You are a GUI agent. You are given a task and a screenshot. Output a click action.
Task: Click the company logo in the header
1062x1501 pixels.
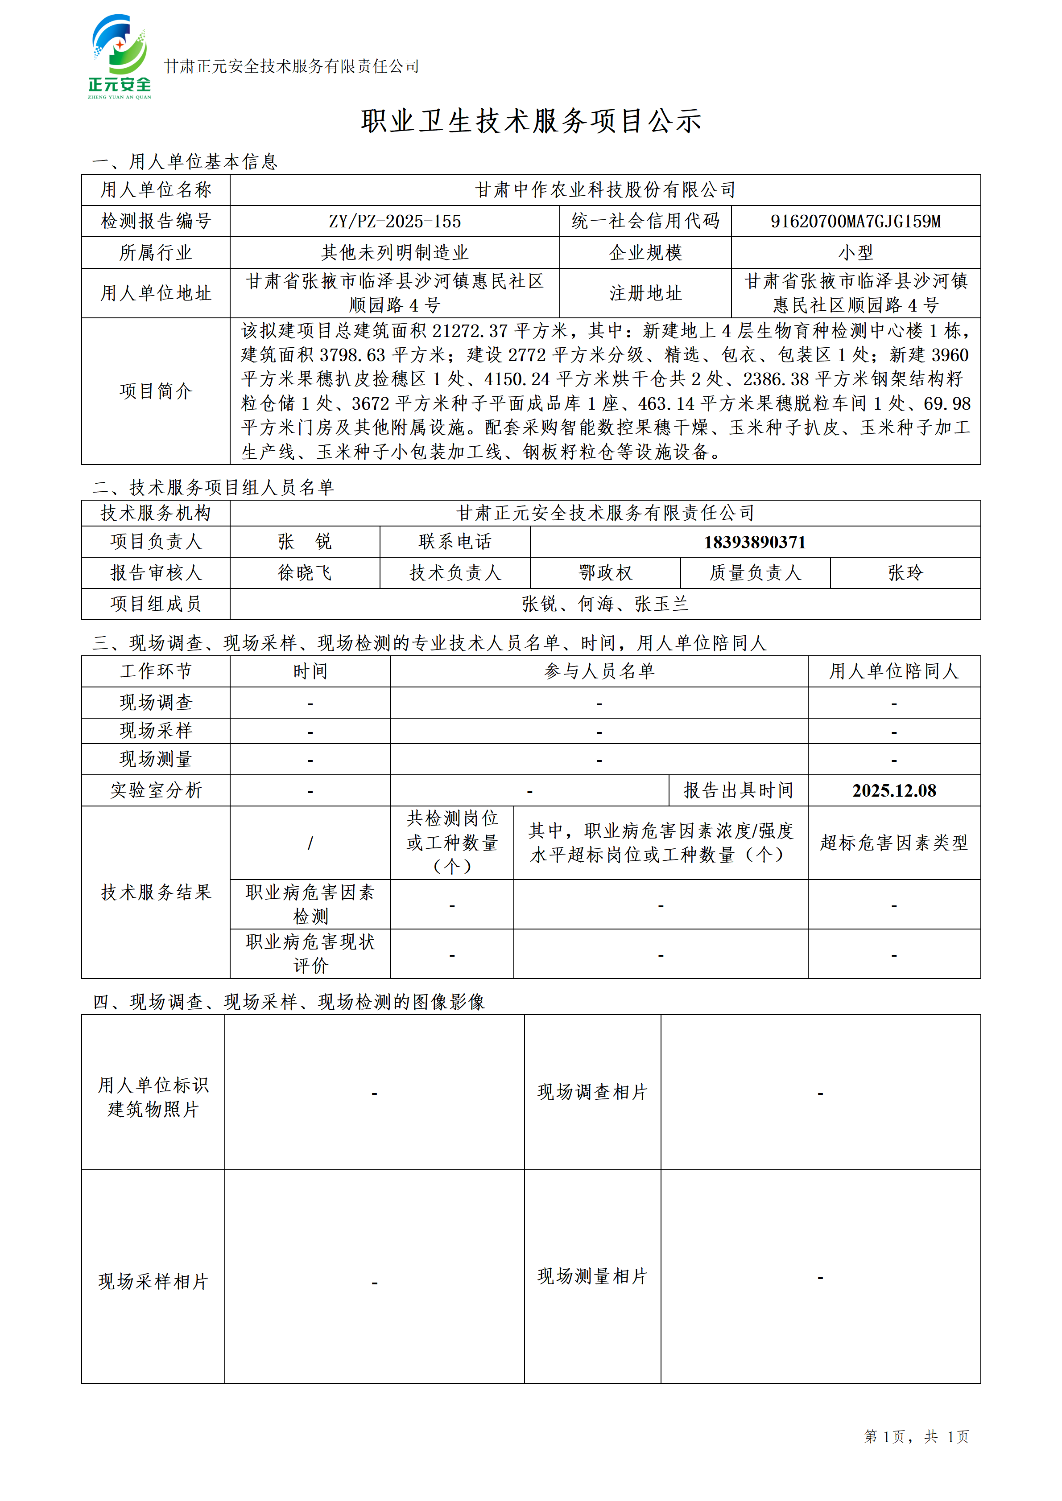tap(120, 58)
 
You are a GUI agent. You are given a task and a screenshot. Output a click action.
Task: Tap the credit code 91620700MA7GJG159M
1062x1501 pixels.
tap(855, 222)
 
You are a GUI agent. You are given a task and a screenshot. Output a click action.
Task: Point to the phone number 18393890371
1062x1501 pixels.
tap(755, 542)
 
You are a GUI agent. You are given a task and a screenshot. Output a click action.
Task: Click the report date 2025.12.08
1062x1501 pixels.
tap(894, 790)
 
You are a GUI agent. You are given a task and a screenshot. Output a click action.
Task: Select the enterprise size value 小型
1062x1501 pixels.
tap(855, 252)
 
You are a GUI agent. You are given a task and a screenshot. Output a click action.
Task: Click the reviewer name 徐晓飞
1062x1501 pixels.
tap(305, 573)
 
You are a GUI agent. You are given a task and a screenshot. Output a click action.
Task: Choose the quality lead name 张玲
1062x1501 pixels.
tap(905, 573)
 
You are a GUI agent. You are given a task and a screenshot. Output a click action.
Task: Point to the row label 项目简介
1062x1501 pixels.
tap(156, 391)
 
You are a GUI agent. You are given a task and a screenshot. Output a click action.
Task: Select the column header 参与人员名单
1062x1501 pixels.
tap(599, 671)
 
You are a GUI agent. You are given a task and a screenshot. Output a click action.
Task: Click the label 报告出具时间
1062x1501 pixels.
tap(738, 790)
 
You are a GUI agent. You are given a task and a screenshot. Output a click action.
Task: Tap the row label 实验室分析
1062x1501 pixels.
tap(156, 790)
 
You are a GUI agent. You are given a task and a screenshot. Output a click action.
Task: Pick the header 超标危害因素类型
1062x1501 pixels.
tap(894, 843)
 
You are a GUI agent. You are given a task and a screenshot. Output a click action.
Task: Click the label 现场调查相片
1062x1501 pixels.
tap(592, 1092)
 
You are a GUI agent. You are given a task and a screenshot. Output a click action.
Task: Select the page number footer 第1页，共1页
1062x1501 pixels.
tap(916, 1435)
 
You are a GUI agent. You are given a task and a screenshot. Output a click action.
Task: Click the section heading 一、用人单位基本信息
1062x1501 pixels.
tap(185, 161)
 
